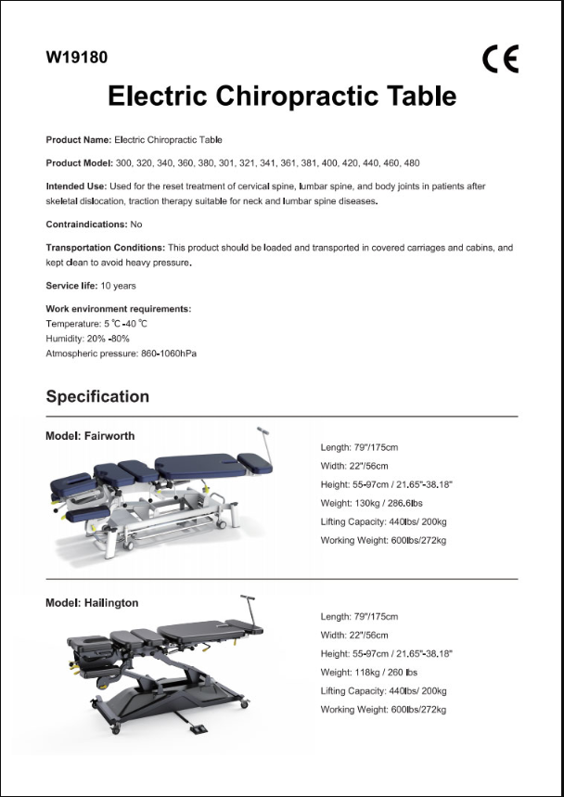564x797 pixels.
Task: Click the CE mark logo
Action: (x=500, y=58)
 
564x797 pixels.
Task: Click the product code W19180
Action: (x=76, y=58)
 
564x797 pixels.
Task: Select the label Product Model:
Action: (x=79, y=163)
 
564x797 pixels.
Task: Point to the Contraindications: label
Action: (x=86, y=225)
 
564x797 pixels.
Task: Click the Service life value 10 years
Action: (x=118, y=286)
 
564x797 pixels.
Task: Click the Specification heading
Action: (x=97, y=396)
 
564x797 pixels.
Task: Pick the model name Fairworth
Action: (x=111, y=435)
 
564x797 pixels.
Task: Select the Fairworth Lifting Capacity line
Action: (x=383, y=521)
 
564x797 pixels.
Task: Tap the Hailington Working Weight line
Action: (x=383, y=710)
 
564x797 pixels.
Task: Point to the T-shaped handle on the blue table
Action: (x=263, y=432)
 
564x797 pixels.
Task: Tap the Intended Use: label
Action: (x=73, y=186)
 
